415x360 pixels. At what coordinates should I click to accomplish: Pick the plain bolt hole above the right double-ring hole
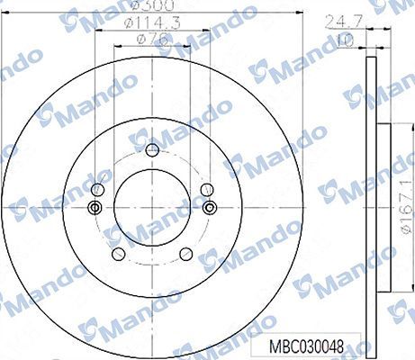[x=207, y=188]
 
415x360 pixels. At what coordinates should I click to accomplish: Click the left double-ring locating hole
[x=95, y=208]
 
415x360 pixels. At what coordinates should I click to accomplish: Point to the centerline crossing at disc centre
[x=152, y=208]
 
